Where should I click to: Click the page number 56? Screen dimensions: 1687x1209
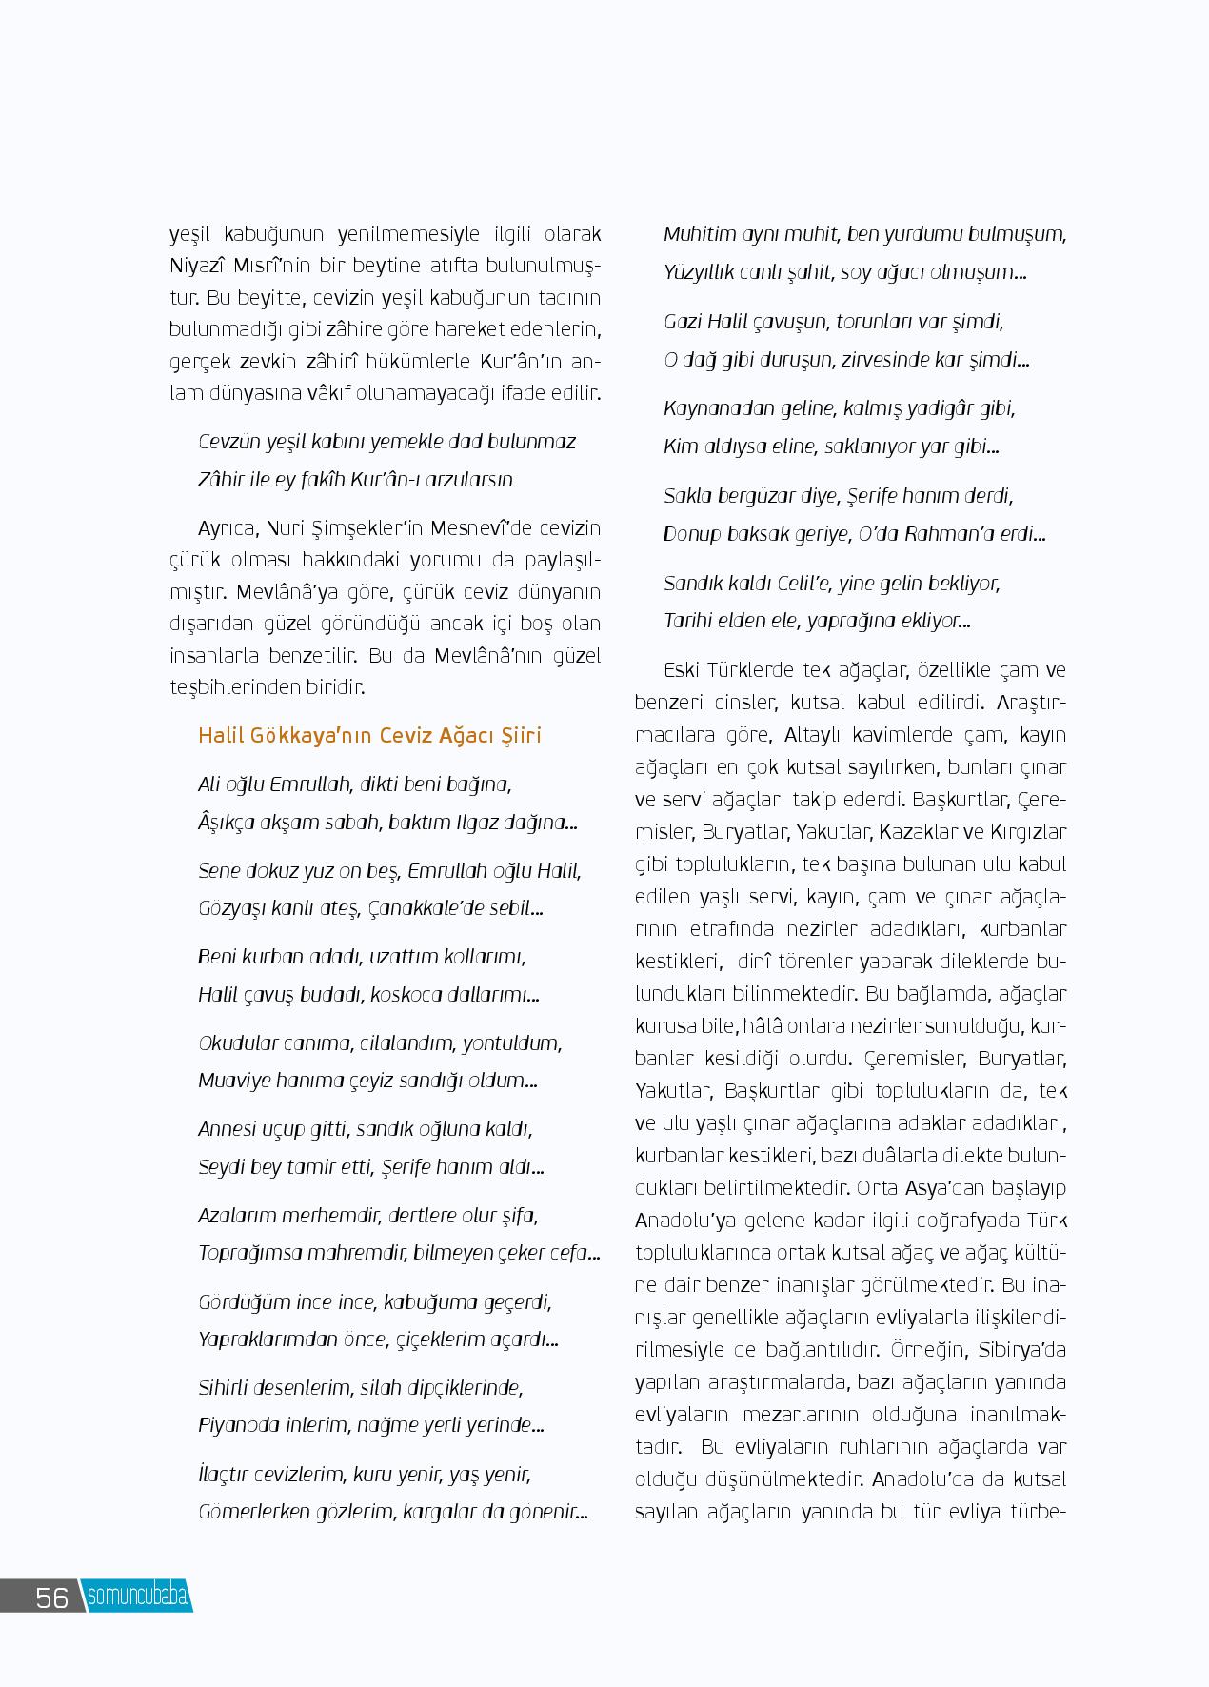[x=51, y=1597]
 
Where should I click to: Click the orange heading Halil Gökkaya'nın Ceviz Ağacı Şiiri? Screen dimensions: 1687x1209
[x=369, y=735]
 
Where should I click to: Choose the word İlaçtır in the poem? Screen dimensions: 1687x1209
[x=225, y=1475]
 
